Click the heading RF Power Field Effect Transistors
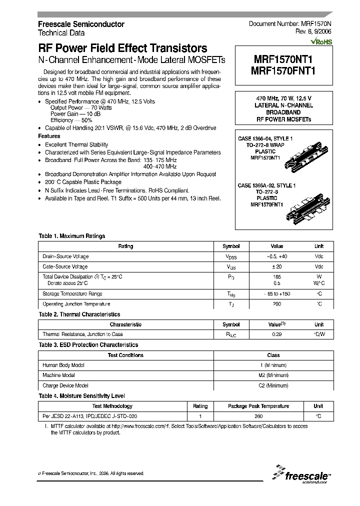click(122, 48)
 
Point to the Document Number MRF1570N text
click(289, 24)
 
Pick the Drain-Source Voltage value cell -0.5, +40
click(276, 256)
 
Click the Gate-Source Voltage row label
click(65, 267)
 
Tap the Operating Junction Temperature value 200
click(276, 304)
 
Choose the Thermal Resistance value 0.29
click(276, 334)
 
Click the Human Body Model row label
click(63, 365)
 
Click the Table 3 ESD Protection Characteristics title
click(88, 345)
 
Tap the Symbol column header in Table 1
click(231, 246)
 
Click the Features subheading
click(49, 136)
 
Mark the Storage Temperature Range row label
click(72, 294)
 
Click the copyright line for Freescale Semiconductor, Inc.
click(91, 473)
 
